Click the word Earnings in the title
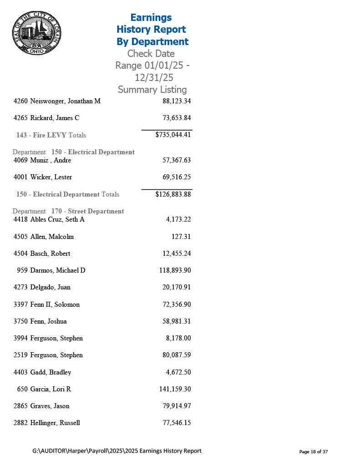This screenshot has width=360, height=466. pos(151,18)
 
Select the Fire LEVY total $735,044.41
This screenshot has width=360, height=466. pos(173,135)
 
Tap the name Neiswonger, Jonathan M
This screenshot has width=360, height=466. pos(65,101)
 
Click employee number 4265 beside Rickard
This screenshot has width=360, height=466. pos(21,118)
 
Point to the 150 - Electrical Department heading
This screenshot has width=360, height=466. pos(93,152)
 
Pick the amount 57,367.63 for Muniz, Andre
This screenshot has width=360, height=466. pos(177,160)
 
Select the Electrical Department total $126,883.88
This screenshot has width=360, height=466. pos(173,194)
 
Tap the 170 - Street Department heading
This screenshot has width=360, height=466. pos(87,211)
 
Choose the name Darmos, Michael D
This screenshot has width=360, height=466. pos(58,270)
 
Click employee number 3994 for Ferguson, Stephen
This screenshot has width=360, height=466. pos(21,338)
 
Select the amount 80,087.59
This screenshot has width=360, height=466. pos(177,355)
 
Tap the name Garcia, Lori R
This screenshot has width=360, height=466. pos(51,389)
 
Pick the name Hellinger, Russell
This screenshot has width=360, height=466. pos(55,423)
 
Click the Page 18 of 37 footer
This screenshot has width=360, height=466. pos(313,452)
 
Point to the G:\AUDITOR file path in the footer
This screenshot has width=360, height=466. pos(117,451)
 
